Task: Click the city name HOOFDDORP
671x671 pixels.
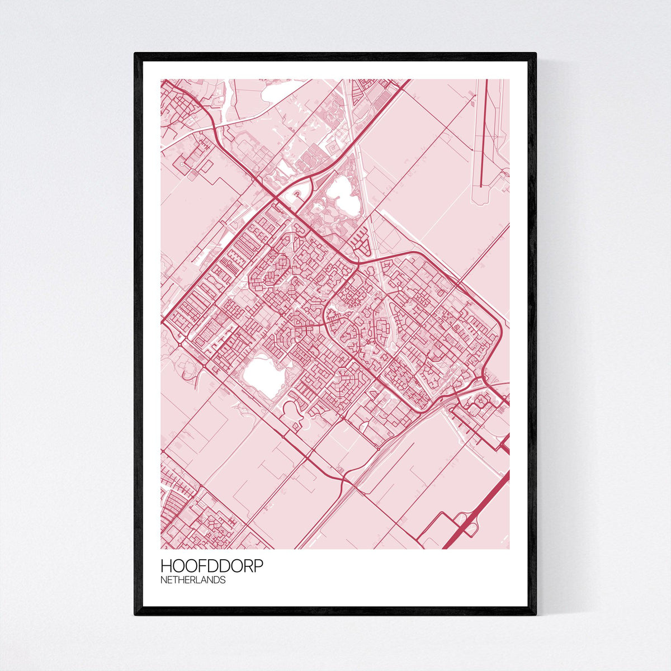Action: tap(211, 566)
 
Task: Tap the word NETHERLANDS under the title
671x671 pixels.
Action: tap(193, 580)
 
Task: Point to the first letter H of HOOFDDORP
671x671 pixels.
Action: tap(166, 566)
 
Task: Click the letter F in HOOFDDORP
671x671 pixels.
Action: tap(201, 566)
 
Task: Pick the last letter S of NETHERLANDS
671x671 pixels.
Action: tap(223, 580)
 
